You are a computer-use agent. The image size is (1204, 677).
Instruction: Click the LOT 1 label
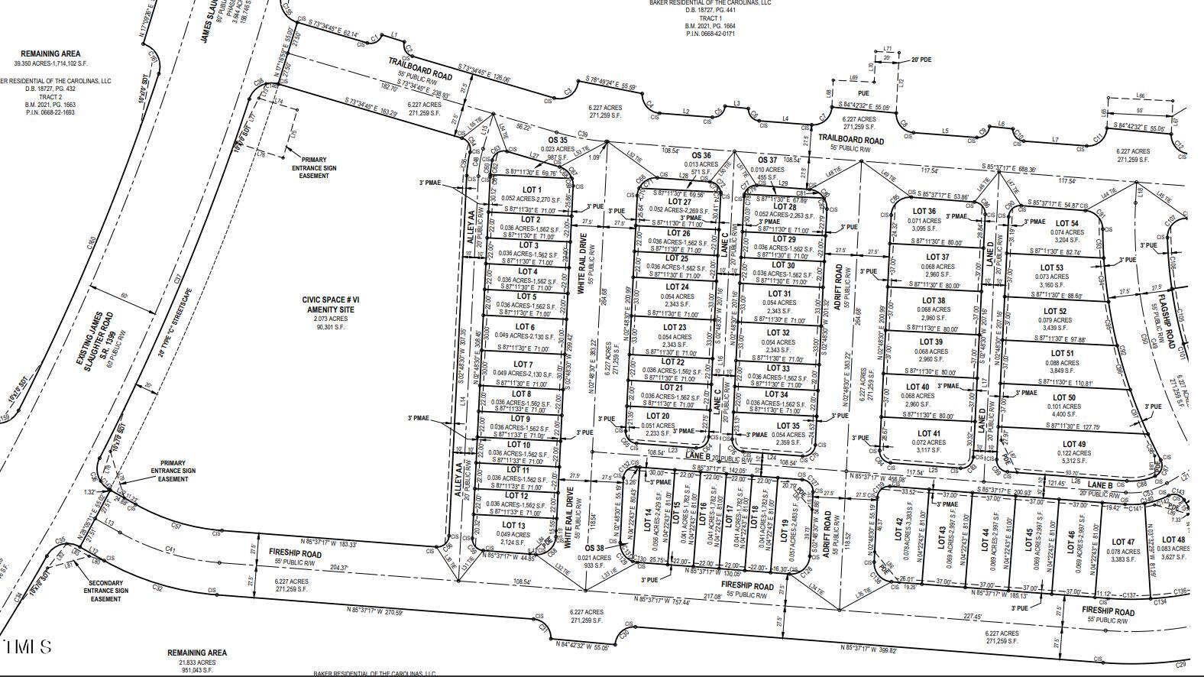[531, 190]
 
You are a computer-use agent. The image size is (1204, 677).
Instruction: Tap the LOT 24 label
[677, 287]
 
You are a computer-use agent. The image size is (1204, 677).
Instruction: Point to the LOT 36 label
[924, 212]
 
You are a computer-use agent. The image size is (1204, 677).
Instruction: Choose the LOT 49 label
[1073, 444]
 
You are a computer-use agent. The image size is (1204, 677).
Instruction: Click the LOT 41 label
[929, 433]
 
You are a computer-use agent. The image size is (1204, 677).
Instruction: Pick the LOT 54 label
[1067, 224]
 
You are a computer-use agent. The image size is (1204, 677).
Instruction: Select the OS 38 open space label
[594, 548]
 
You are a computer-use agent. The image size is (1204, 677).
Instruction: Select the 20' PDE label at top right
[921, 59]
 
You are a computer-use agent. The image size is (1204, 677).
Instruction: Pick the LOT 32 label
[778, 333]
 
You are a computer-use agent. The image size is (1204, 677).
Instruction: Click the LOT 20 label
[658, 416]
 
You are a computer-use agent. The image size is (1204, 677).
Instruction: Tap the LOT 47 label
[1124, 542]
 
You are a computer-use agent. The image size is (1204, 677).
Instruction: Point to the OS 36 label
[701, 155]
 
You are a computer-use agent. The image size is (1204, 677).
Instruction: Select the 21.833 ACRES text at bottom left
[197, 661]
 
